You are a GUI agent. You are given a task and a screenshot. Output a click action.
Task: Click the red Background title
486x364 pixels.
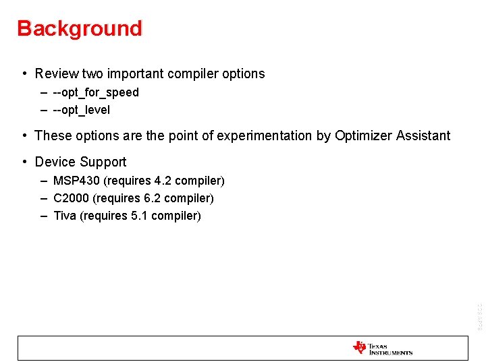pyautogui.click(x=80, y=28)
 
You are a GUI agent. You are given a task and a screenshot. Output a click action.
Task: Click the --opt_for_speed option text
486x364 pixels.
pyautogui.click(x=96, y=92)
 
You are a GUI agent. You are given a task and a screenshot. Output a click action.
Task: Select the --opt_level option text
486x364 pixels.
pyautogui.click(x=82, y=110)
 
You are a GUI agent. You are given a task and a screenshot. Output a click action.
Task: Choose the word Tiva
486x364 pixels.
pyautogui.click(x=65, y=216)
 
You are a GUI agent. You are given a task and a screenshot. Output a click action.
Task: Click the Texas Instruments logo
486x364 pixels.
pyautogui.click(x=382, y=348)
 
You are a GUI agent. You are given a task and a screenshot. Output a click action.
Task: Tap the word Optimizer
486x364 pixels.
pyautogui.click(x=364, y=135)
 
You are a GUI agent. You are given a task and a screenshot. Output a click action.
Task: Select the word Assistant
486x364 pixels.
pyautogui.click(x=423, y=135)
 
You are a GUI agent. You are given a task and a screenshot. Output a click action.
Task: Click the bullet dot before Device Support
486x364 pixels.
pyautogui.click(x=24, y=162)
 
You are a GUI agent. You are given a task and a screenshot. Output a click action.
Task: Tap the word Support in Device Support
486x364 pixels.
pyautogui.click(x=103, y=162)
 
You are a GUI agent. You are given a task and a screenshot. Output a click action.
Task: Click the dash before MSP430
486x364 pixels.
pyautogui.click(x=43, y=181)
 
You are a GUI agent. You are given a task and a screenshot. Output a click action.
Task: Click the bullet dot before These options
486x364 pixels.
pyautogui.click(x=24, y=135)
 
